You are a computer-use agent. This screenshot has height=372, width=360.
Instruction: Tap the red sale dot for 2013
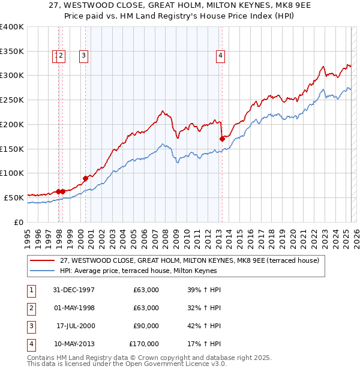coord(222,139)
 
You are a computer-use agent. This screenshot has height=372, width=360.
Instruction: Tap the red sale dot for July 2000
coord(85,178)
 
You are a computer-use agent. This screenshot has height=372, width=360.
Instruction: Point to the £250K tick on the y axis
coord(12,100)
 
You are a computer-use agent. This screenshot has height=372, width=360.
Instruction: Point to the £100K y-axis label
coord(12,173)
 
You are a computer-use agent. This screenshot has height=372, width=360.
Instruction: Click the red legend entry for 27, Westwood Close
coord(193,260)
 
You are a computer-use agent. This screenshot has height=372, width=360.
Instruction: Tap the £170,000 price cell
coord(144,344)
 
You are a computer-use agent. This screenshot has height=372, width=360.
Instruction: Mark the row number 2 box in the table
coord(31,308)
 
